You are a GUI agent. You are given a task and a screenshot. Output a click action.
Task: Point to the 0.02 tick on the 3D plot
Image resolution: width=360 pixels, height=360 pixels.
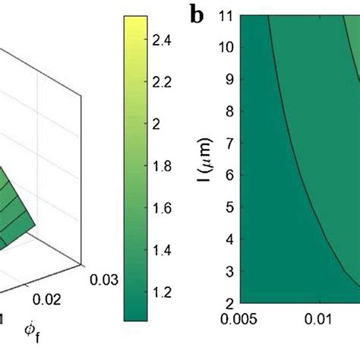(46, 299)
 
